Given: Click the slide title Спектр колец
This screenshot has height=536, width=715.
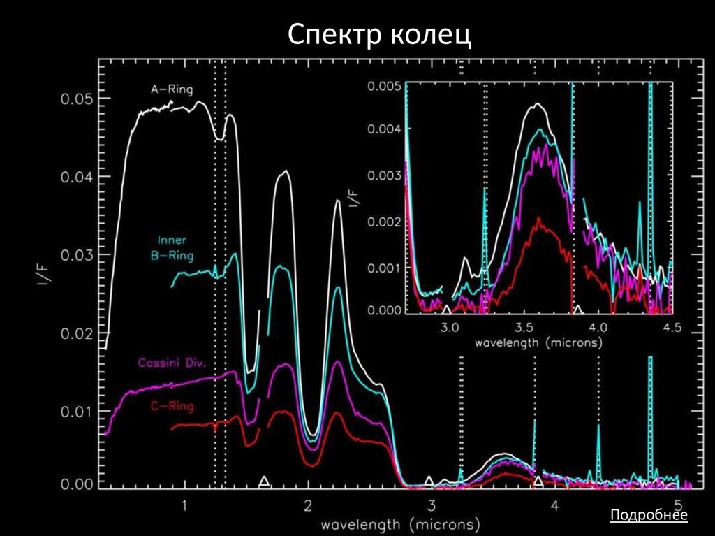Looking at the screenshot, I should pos(381,34).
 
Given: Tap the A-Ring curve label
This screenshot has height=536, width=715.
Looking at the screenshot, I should pos(172,89).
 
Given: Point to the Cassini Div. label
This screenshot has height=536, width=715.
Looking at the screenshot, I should pos(167,362).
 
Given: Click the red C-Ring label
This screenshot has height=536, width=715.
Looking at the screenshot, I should pos(172,405).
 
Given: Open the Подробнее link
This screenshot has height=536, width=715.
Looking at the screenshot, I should pos(649,516).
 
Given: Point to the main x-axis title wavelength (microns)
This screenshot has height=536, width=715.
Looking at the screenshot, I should pos(399,523).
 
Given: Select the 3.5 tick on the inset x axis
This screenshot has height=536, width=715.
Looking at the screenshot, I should pos(523,327).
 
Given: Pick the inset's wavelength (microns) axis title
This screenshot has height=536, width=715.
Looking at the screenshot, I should pos(538,344).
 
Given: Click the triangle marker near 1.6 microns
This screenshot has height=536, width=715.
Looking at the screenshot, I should pos(263,481).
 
